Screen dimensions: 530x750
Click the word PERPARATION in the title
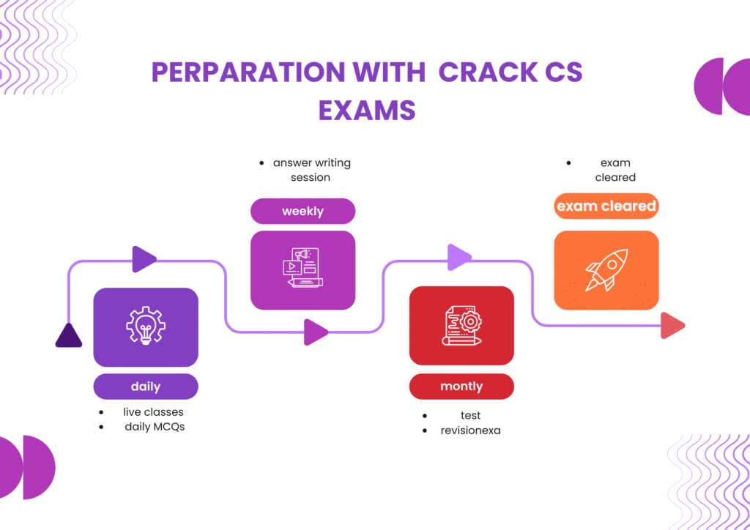[247, 72]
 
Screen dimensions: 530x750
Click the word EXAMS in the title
[367, 110]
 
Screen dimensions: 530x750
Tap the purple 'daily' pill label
[146, 387]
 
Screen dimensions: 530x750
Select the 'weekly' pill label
[302, 211]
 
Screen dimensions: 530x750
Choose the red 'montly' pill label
[461, 386]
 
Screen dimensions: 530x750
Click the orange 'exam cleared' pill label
[606, 206]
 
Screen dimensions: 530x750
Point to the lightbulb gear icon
[145, 326]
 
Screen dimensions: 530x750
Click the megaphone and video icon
[302, 268]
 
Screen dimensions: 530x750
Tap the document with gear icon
[461, 324]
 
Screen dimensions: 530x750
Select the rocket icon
[606, 269]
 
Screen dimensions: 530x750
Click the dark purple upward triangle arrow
[69, 335]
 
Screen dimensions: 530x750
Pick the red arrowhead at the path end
[672, 326]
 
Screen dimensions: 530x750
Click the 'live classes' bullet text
[153, 412]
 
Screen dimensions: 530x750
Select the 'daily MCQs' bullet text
[155, 427]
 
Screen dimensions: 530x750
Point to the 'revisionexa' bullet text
[470, 430]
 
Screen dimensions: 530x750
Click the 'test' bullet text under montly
[470, 416]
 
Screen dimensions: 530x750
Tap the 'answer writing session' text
[311, 170]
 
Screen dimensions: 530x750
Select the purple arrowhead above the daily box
[144, 258]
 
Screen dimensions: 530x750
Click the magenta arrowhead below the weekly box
[316, 332]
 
